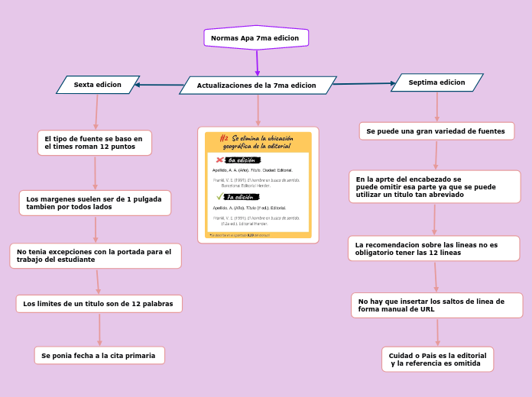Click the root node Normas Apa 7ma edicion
point(256,37)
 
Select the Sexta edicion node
point(98,85)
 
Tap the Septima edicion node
point(436,82)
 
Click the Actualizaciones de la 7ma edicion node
point(258,86)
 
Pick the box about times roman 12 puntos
point(94,143)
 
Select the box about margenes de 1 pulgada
point(95,203)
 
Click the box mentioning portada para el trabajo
point(95,256)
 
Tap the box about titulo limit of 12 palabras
point(99,304)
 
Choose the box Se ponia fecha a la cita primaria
point(99,356)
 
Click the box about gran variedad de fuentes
point(436,131)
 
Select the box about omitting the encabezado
point(434,187)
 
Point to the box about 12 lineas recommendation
point(433,249)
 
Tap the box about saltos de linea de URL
point(436,305)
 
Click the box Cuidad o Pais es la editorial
point(437,360)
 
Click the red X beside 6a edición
point(220,160)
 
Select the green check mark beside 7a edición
point(220,196)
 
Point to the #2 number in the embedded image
point(224,138)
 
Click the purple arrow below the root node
point(258,63)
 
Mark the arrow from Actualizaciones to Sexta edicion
point(161,85)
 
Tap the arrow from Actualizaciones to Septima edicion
point(364,83)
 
